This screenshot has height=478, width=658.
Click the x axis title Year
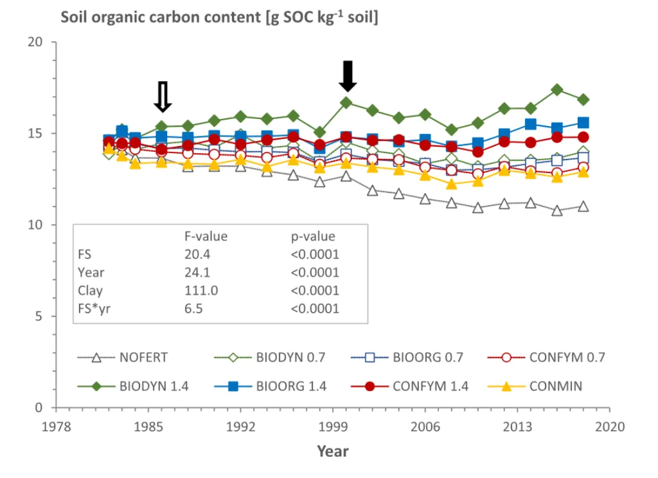333,451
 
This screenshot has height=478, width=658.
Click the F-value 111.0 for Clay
201,290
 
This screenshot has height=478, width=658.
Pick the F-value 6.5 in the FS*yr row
193,309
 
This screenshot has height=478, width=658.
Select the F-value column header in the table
206,236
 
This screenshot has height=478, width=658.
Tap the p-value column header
313,236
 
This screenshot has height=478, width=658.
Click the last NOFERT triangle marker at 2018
583,206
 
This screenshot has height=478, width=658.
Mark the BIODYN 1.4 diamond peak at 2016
557,89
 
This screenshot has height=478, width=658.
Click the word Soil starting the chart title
73,17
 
